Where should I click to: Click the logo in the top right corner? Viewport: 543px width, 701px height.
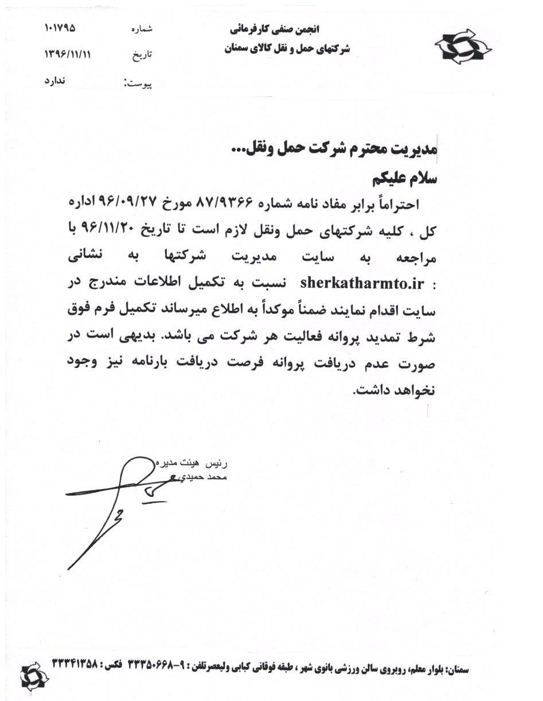click(x=463, y=46)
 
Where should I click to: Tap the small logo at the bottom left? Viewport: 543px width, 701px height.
click(x=35, y=675)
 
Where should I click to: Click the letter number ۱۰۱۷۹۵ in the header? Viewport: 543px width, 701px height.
click(x=60, y=28)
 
